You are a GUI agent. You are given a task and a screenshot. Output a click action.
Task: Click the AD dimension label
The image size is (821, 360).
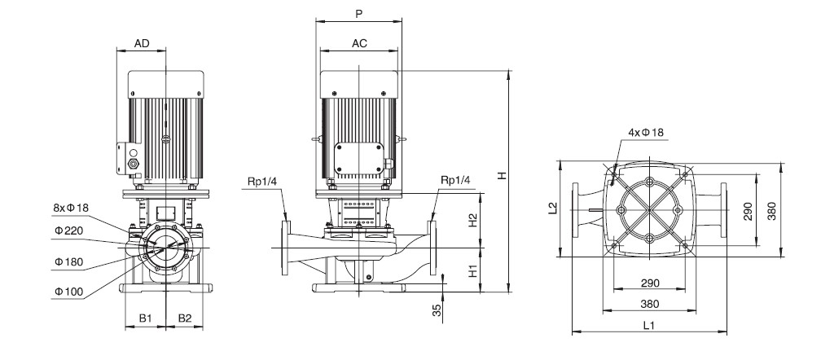(142, 43)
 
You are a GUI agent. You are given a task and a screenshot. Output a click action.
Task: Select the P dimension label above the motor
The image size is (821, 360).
(358, 14)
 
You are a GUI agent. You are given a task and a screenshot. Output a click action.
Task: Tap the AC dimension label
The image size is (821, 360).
(359, 43)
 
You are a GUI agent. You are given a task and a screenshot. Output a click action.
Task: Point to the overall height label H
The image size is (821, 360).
(503, 176)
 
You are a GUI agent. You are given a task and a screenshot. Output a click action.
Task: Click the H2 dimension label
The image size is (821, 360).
(472, 220)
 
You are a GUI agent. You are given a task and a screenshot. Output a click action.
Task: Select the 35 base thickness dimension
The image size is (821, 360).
(437, 310)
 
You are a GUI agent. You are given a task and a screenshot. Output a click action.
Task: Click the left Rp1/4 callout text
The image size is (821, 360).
(263, 181)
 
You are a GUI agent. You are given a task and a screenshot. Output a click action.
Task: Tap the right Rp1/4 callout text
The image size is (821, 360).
(455, 181)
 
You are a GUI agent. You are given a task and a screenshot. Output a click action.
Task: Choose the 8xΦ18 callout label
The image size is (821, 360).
(71, 208)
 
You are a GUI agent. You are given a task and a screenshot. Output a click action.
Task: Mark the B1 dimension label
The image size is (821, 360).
(145, 318)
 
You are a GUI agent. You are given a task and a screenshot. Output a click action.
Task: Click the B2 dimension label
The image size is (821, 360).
(185, 318)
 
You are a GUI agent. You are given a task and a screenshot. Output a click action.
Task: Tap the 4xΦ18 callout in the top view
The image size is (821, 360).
(646, 133)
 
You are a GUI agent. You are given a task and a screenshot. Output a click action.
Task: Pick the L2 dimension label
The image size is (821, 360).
(552, 209)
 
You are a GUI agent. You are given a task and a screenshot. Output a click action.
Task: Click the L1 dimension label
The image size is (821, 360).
(649, 326)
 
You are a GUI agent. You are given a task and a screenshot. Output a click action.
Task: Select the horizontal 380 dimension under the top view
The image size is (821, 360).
(649, 304)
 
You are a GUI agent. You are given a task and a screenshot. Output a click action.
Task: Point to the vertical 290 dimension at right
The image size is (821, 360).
(748, 211)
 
